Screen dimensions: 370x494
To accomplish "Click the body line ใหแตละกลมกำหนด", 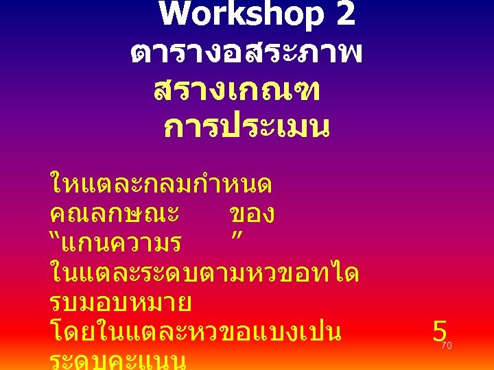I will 161,184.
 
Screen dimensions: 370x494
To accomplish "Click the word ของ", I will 252,214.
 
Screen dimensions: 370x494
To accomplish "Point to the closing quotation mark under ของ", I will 239,237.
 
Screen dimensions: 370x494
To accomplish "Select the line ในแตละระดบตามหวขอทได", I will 204,273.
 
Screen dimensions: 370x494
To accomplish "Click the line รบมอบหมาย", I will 121,303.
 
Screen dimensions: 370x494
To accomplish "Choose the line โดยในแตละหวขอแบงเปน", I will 196,333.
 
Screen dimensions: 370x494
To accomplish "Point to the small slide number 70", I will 446,346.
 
